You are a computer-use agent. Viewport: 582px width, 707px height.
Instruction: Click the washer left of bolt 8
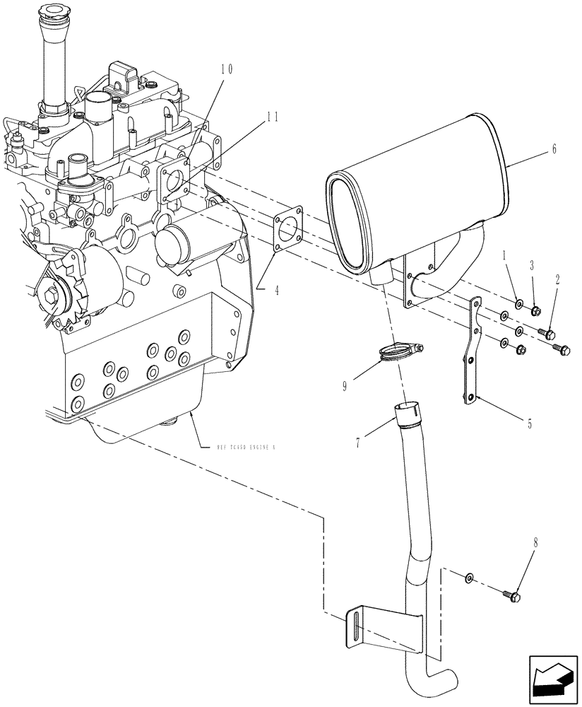(470, 579)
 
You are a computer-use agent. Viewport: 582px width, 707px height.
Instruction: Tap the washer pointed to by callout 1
(519, 305)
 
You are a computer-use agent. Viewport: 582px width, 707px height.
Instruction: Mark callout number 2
(557, 280)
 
